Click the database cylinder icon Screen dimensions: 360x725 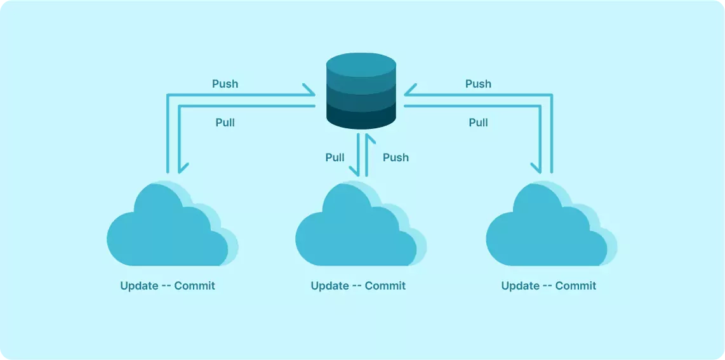[361, 92]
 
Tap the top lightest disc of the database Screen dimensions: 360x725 [361, 66]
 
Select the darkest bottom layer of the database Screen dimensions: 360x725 [361, 118]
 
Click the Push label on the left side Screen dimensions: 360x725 [225, 84]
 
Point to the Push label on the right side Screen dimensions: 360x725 [478, 84]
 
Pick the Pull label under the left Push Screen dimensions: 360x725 [225, 122]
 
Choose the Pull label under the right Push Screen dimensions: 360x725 [478, 122]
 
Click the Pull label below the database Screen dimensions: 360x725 [335, 157]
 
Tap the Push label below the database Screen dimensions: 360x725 [396, 157]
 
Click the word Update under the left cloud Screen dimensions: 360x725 [139, 286]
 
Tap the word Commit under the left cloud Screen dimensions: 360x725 [195, 286]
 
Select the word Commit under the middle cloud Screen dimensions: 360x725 [385, 286]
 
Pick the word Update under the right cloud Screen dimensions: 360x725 [520, 286]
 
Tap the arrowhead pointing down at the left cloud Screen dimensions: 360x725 [182, 168]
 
